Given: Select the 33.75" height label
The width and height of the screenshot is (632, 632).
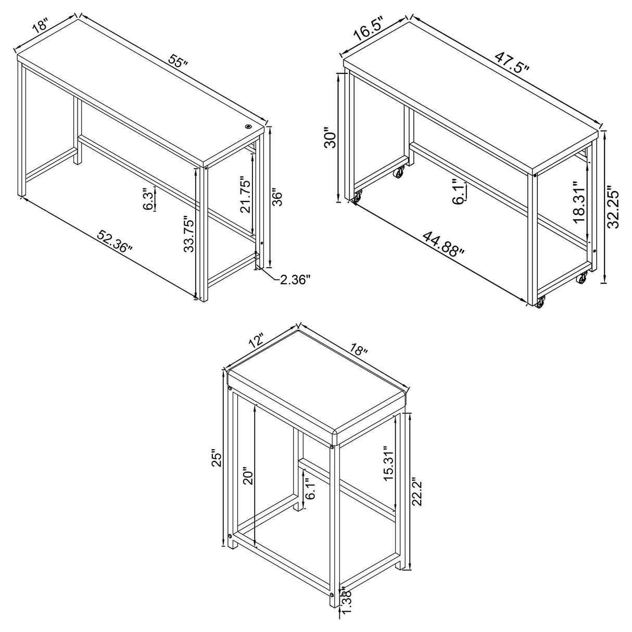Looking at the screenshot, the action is coord(189,234).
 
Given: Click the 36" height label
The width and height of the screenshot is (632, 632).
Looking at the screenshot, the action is coord(277,198).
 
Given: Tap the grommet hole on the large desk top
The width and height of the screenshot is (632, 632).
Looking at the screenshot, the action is coord(248,126).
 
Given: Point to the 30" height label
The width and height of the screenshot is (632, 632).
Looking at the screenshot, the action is coord(330,140).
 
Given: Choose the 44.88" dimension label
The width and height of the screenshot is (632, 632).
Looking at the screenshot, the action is coord(443,245).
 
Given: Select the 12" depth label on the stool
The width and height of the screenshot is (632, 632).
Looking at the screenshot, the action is coord(256,342).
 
